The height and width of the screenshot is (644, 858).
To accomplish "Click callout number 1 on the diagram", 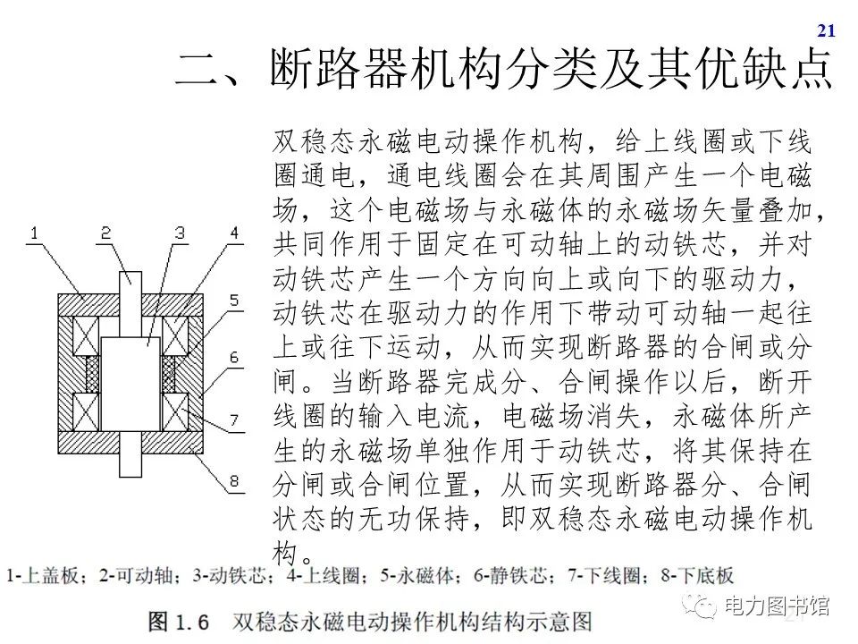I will (33, 234).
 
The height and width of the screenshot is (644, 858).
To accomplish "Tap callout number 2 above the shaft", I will (105, 234).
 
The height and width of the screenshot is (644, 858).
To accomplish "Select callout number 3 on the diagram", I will (180, 234).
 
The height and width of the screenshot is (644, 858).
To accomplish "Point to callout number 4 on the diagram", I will (234, 234).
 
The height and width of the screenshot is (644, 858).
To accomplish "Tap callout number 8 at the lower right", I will (234, 483).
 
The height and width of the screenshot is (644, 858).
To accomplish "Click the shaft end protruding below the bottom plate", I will (130, 466).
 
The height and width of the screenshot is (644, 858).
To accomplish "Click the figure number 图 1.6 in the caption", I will (178, 620).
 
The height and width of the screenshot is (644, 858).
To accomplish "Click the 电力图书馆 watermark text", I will (777, 606).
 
